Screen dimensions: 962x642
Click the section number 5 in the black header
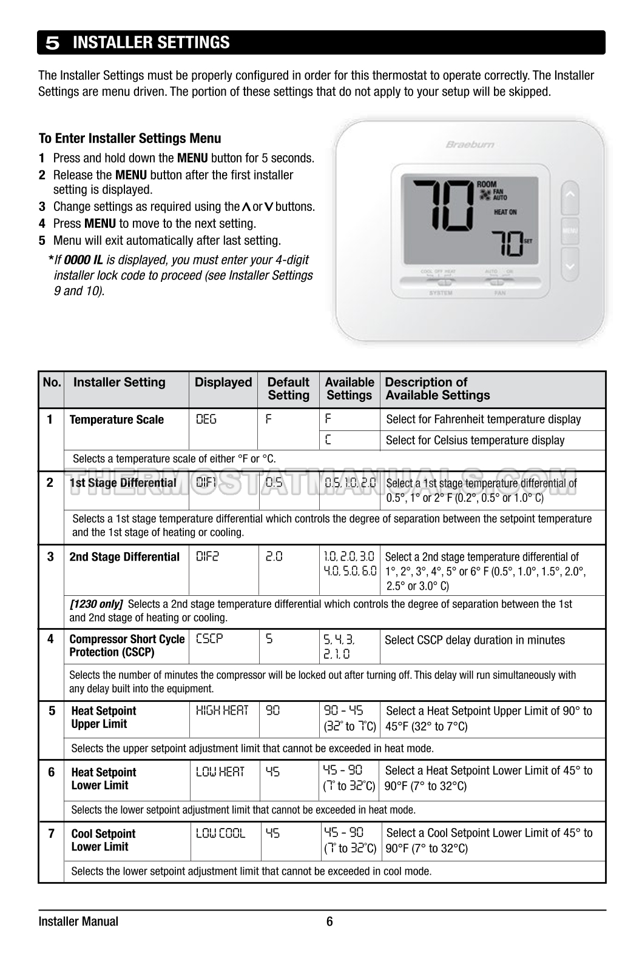[53, 43]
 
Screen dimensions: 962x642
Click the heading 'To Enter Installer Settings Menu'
[130, 138]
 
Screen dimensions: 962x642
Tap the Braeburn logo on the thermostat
[470, 144]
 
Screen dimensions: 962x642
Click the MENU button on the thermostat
[570, 231]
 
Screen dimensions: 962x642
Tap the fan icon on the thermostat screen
[484, 195]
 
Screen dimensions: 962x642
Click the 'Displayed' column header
[223, 382]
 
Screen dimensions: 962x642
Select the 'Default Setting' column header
[288, 389]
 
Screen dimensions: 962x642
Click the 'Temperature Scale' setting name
[117, 419]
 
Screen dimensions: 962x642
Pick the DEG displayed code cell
[206, 419]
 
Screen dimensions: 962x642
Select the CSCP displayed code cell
[209, 639]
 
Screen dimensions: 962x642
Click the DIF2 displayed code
[208, 556]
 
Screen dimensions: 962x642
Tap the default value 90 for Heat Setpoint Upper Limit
[273, 710]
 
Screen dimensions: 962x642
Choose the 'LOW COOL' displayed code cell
[220, 833]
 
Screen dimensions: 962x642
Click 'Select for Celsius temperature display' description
[475, 440]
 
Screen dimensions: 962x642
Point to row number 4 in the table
[50, 639]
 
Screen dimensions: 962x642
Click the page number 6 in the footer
[329, 922]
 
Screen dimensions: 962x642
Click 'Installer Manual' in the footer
[78, 922]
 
